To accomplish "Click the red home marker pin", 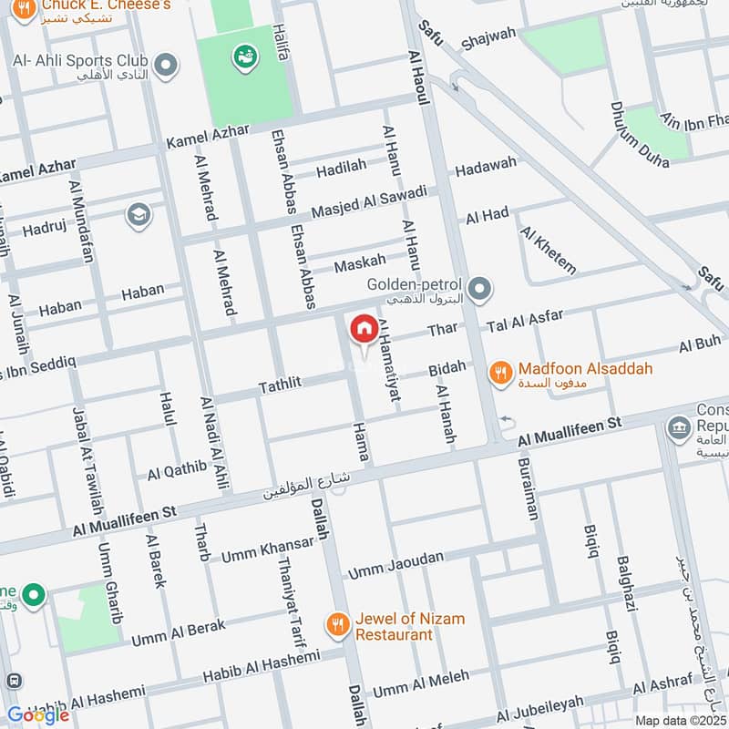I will point(364,329).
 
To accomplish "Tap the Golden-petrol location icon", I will point(482,291).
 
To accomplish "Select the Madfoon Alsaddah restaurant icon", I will point(499,372).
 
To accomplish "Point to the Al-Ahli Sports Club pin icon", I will point(165,65).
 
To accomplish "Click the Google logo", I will point(38,714).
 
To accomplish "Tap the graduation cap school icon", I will point(139,214).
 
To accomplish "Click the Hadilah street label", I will point(341,169).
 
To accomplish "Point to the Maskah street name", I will point(360,264).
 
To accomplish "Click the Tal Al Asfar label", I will point(526,321).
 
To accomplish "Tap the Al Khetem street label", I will point(549,249).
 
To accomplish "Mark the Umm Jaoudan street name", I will point(396,565).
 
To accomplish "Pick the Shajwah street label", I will point(488,39).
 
